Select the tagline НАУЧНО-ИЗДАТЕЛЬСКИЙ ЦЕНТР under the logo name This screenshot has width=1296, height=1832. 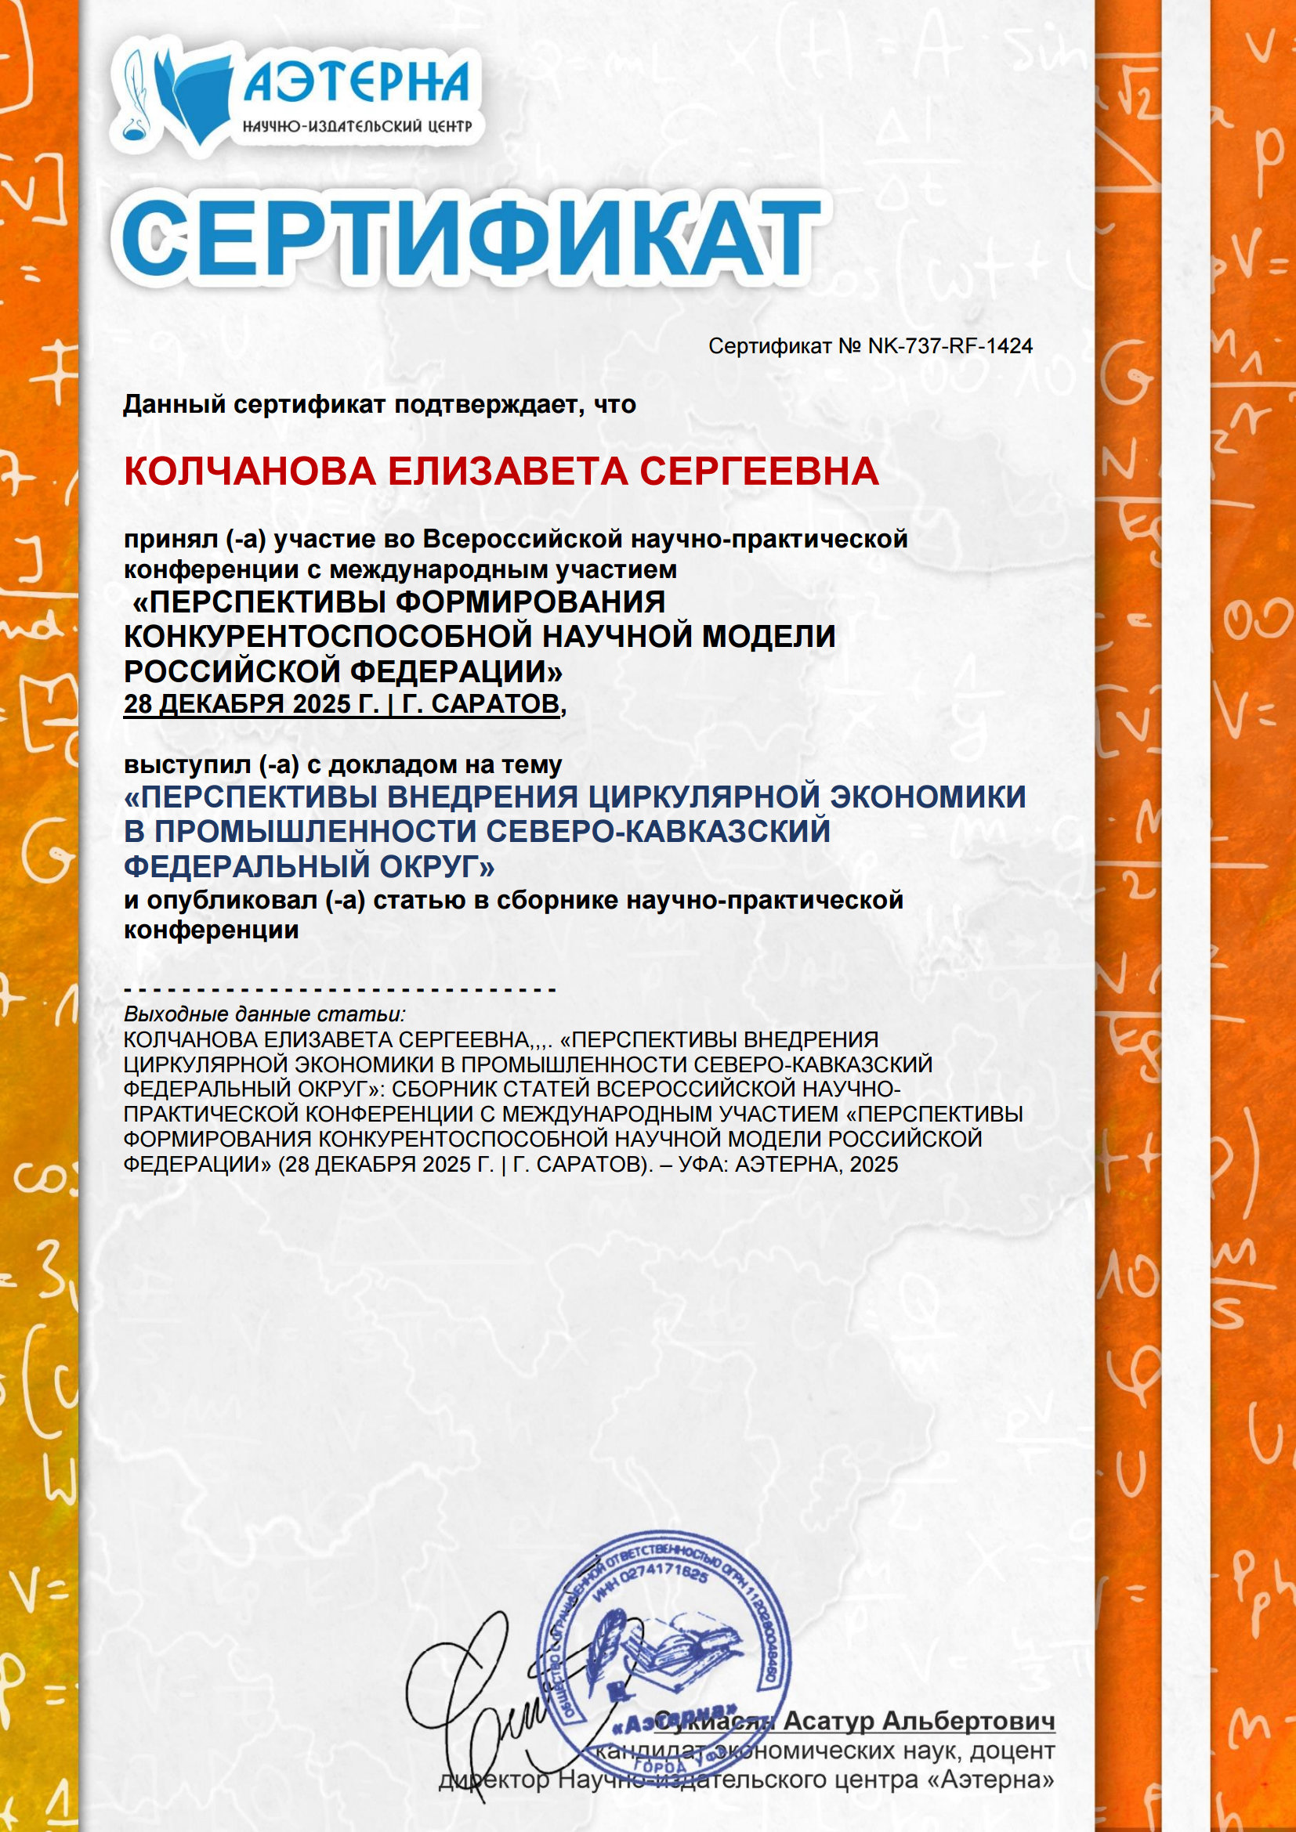point(357,126)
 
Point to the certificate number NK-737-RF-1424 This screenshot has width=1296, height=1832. point(950,346)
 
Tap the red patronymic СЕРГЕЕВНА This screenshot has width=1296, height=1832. point(759,472)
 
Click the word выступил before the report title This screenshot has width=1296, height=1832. point(186,764)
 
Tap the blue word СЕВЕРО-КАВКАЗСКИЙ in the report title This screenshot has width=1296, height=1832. point(658,832)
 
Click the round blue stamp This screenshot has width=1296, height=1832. point(663,1644)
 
